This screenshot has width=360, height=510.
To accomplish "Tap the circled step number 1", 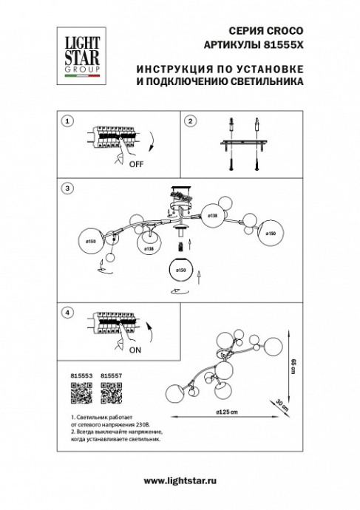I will [x=68, y=121].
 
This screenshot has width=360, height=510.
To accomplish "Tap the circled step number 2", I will [x=190, y=121].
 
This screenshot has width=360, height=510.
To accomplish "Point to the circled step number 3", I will [x=68, y=189].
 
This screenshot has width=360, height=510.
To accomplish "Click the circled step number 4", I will [x=68, y=313].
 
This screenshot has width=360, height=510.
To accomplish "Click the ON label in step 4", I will [x=134, y=353].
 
